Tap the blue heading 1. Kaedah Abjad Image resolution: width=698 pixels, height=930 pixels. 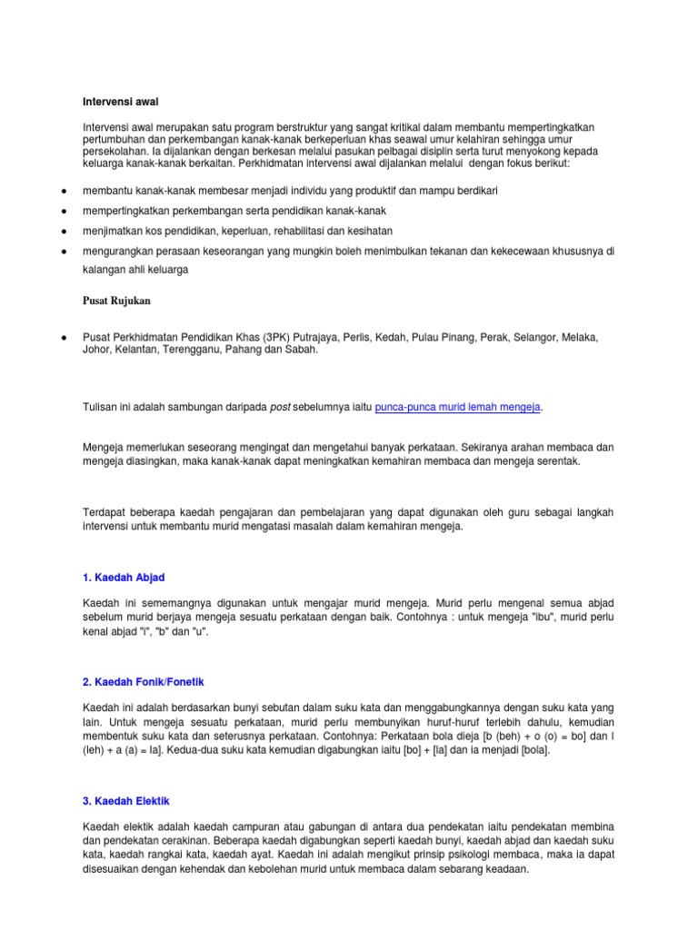[x=124, y=578]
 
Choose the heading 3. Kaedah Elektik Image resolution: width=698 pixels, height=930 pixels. [x=125, y=801]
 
